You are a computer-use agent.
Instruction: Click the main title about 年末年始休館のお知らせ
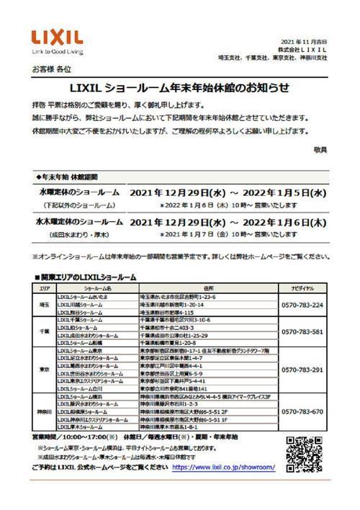point(180,88)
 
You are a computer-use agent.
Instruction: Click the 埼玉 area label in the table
point(43,305)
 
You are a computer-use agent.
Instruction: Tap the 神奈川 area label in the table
point(43,411)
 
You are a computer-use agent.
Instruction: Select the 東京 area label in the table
point(43,370)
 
